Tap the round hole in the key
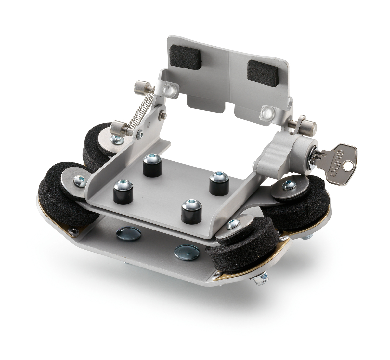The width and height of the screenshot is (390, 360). tap(349, 166)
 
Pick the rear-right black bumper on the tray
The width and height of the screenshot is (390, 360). tap(219, 184)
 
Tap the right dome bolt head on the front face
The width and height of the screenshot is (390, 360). tap(187, 252)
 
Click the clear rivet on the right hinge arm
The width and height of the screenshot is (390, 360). tap(266, 112)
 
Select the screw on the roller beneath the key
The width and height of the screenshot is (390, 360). tap(288, 185)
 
